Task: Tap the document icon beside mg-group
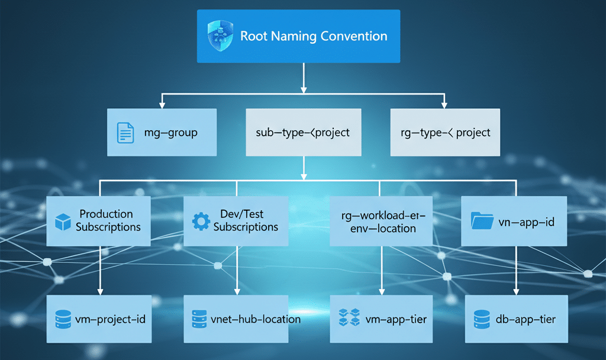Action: click(x=124, y=132)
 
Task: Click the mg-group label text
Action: click(x=171, y=133)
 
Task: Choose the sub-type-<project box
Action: click(x=303, y=132)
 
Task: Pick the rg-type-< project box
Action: click(x=445, y=132)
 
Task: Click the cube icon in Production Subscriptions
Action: click(x=63, y=221)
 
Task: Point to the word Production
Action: click(x=107, y=214)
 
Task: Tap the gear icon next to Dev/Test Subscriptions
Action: click(x=201, y=221)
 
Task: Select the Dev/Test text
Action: click(x=246, y=214)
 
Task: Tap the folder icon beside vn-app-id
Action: click(x=482, y=221)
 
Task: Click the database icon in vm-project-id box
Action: click(x=63, y=319)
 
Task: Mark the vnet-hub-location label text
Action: click(x=256, y=319)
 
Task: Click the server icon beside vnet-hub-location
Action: click(x=199, y=319)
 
